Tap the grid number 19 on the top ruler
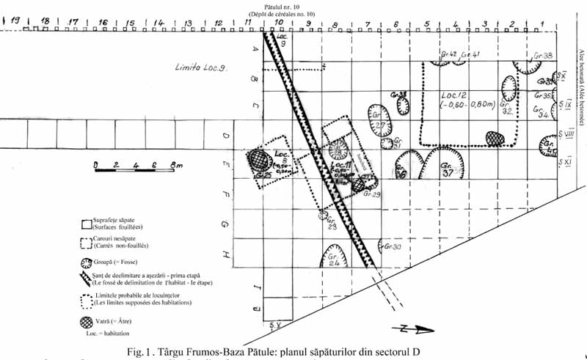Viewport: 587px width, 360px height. (x=12, y=21)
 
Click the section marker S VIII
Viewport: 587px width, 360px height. (x=565, y=134)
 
